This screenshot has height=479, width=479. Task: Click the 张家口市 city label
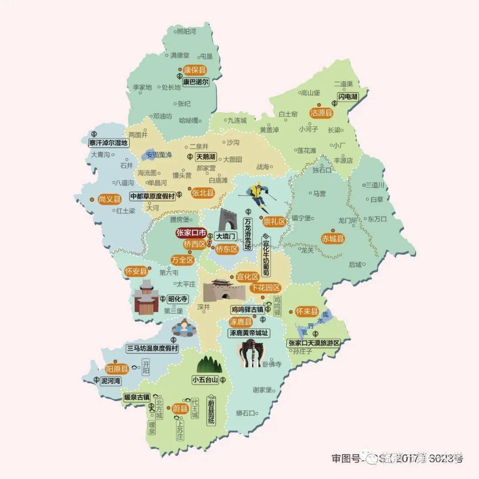click(x=191, y=233)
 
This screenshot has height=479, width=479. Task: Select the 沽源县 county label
click(x=321, y=113)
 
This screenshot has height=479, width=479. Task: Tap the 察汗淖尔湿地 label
click(x=108, y=143)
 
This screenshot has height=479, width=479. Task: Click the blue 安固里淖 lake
click(x=150, y=155)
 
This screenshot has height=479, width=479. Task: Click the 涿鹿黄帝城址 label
click(x=249, y=333)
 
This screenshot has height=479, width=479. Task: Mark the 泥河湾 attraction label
click(x=110, y=381)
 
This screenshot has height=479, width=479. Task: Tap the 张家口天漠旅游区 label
click(x=313, y=343)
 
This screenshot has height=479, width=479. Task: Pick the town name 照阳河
click(x=186, y=31)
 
